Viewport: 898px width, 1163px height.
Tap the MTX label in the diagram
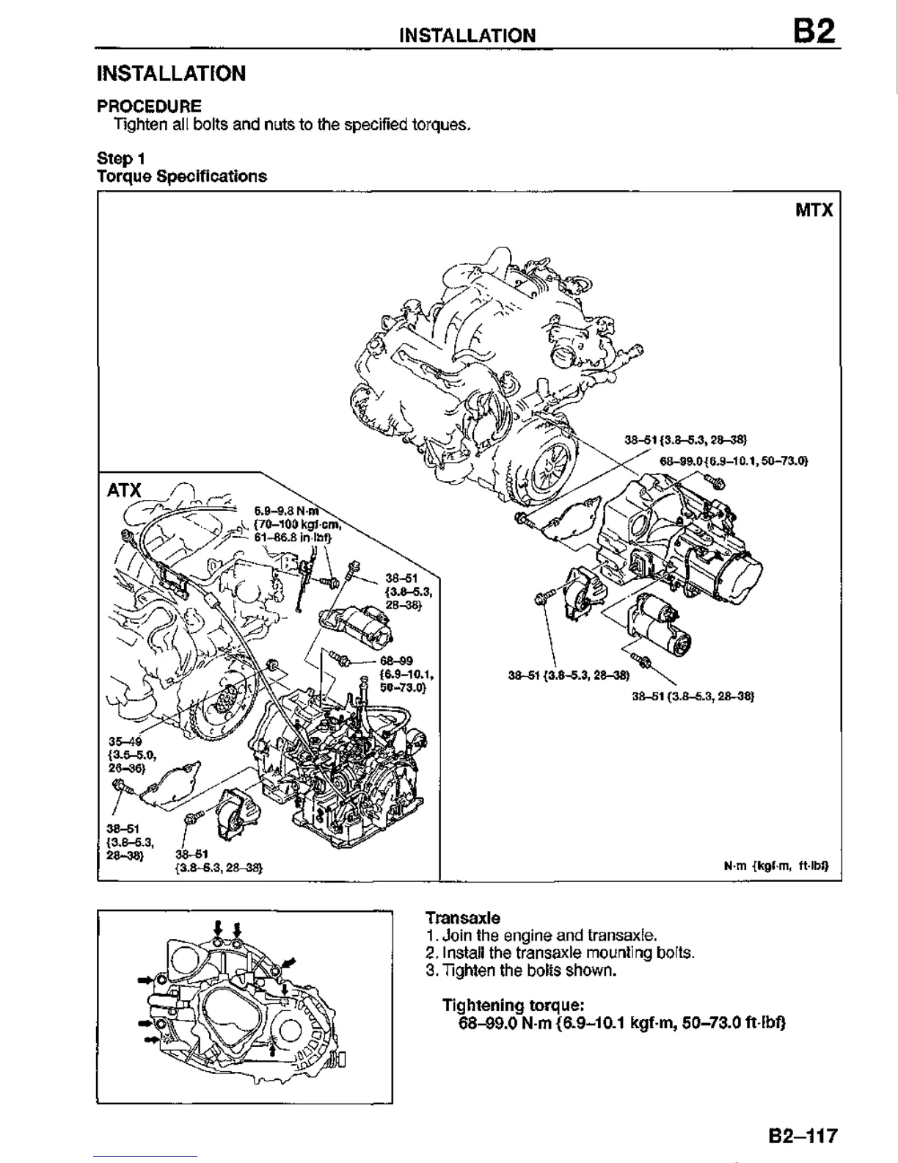coord(814,211)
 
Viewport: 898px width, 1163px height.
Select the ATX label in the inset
coord(124,490)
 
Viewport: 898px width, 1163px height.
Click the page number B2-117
coord(803,1136)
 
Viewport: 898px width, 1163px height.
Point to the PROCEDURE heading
coord(150,106)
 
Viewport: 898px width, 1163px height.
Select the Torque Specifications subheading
coord(182,176)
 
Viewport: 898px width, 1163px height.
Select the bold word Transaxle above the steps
coord(463,918)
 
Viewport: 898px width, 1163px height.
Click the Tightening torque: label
coord(514,1005)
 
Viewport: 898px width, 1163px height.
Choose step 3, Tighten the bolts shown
coord(520,971)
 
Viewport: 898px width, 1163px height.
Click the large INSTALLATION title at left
coord(172,73)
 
